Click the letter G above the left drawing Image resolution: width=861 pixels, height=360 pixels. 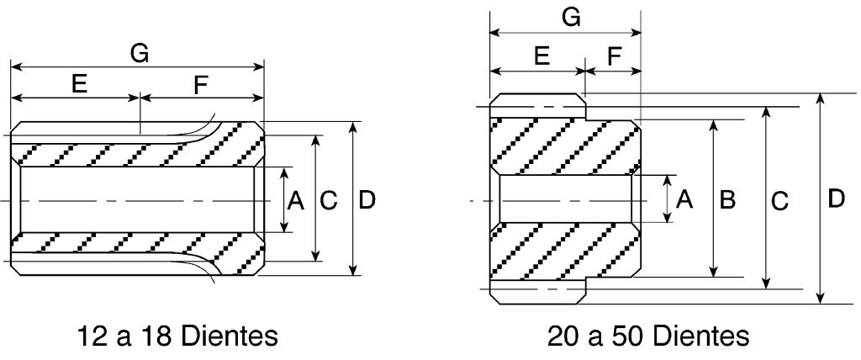(x=140, y=53)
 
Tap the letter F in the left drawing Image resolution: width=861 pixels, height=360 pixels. (x=200, y=84)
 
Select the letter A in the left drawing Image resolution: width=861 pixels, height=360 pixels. (x=296, y=200)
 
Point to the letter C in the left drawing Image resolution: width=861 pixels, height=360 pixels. (x=329, y=200)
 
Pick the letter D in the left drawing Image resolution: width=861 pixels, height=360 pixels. (x=367, y=200)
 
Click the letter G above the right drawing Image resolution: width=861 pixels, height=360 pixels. (x=571, y=19)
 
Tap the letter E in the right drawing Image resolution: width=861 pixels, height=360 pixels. (x=541, y=56)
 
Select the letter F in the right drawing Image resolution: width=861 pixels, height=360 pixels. (x=615, y=56)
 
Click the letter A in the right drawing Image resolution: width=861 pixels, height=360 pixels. (x=684, y=200)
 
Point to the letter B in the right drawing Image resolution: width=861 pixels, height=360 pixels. (x=728, y=200)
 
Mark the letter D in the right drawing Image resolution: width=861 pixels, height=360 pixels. (x=836, y=200)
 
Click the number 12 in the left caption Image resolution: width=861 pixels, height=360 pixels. (x=92, y=337)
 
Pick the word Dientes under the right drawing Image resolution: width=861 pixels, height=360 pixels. (x=700, y=337)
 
